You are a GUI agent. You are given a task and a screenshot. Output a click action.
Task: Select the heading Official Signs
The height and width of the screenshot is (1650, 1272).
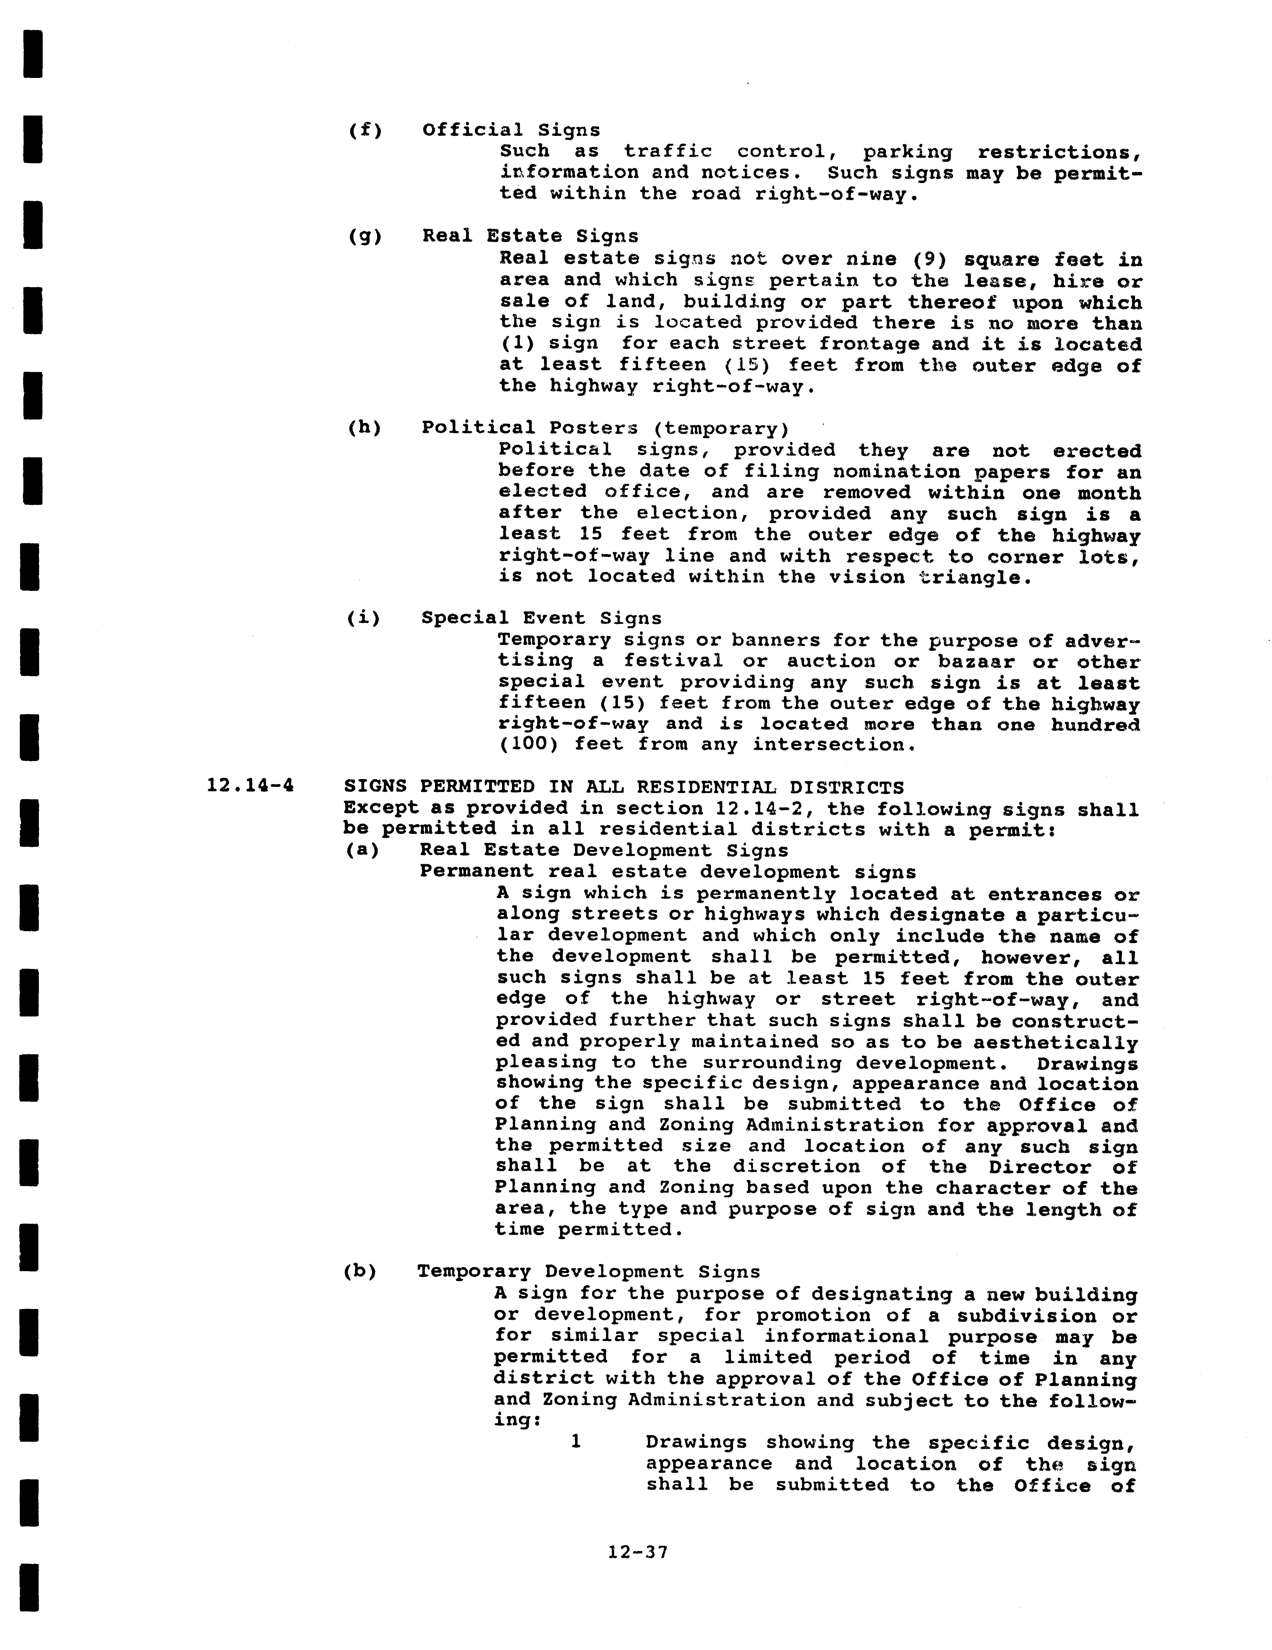point(511,130)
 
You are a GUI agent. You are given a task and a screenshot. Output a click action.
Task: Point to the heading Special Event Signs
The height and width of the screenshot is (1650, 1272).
point(541,618)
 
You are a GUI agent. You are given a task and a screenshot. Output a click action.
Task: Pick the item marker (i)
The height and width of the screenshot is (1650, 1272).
point(364,618)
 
